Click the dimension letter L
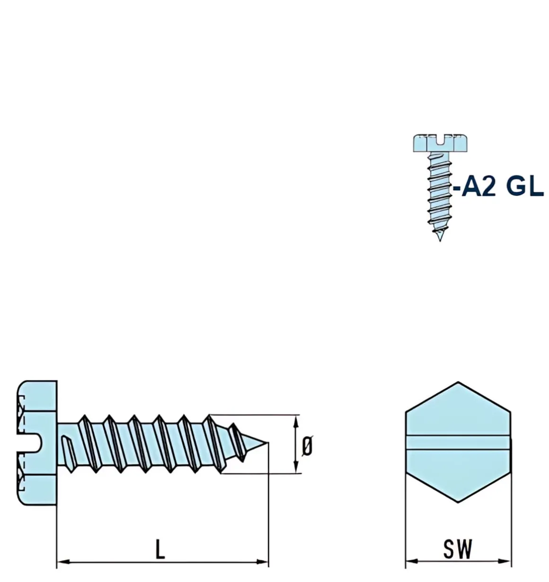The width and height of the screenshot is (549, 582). (x=160, y=549)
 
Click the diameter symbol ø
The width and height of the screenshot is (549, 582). (x=307, y=445)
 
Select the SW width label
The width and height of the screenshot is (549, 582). (x=458, y=549)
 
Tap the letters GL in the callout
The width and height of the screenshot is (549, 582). (x=524, y=187)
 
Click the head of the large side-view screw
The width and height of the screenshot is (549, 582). (x=38, y=443)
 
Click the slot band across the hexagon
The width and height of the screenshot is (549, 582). (x=458, y=441)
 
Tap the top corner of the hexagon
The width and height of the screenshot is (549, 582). (x=458, y=382)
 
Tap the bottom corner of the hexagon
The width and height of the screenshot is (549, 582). (x=458, y=501)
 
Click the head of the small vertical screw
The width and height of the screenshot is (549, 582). (x=441, y=143)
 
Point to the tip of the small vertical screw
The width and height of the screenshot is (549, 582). (x=440, y=240)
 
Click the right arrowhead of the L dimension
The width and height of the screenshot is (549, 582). (x=264, y=562)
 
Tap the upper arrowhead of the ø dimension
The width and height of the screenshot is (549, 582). (x=297, y=419)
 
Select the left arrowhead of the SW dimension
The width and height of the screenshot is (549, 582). (x=410, y=561)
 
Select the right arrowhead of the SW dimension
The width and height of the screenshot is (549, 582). (x=507, y=561)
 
